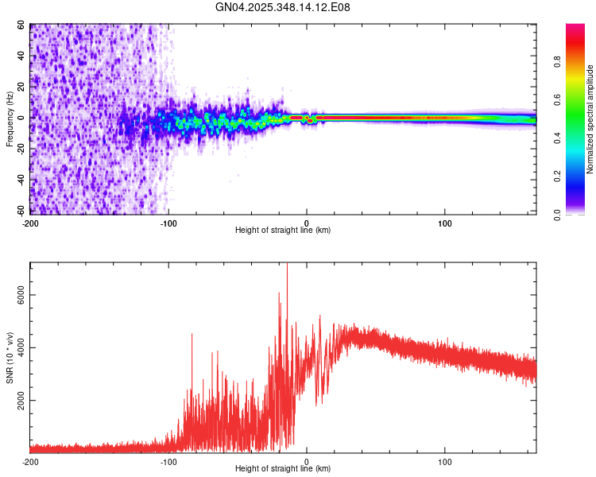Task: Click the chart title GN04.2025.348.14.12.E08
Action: [284, 7]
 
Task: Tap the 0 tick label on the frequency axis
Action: [24, 118]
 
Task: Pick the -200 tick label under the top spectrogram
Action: [29, 222]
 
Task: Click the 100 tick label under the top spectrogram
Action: [445, 222]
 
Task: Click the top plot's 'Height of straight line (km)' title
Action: [283, 230]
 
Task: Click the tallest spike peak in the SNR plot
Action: [287, 266]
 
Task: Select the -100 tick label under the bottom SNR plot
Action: [168, 461]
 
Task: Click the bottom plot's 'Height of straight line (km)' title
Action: [283, 469]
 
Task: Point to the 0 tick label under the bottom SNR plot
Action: [307, 461]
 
